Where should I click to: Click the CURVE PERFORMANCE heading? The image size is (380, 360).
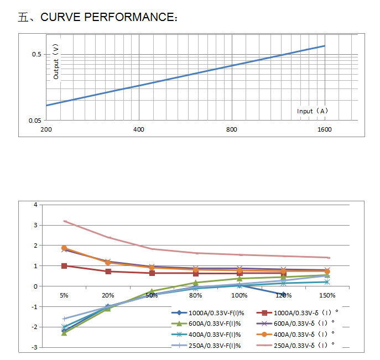pyautogui.click(x=98, y=17)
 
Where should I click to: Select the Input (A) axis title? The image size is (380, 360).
pyautogui.click(x=313, y=111)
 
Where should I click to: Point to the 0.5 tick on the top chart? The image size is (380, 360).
pyautogui.click(x=37, y=54)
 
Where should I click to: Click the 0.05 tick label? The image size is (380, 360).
pyautogui.click(x=35, y=121)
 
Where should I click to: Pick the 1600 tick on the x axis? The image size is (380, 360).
pyautogui.click(x=324, y=129)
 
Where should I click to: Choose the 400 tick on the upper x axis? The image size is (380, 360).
pyautogui.click(x=139, y=129)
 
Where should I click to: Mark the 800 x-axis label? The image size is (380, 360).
pyautogui.click(x=232, y=129)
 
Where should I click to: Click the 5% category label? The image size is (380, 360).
pyautogui.click(x=64, y=295)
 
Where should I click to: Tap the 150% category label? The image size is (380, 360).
pyautogui.click(x=327, y=295)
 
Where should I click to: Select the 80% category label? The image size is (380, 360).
pyautogui.click(x=195, y=295)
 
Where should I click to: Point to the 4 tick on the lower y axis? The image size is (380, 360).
pyautogui.click(x=35, y=205)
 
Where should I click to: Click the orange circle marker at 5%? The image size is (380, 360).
pyautogui.click(x=64, y=248)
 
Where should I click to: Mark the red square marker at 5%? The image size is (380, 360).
pyautogui.click(x=64, y=266)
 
